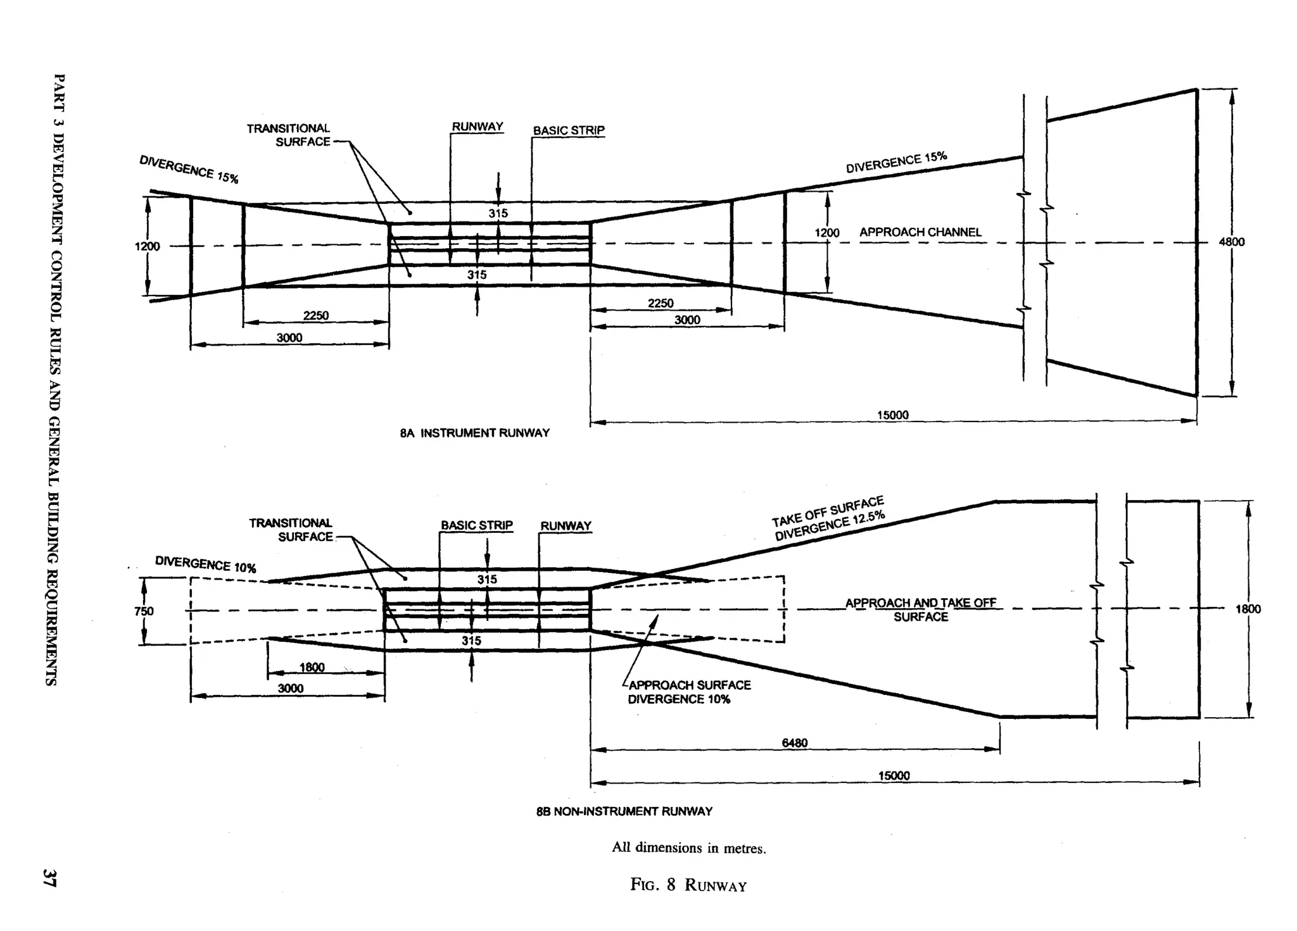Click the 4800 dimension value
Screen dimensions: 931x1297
(1231, 242)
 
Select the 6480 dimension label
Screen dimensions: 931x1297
(794, 743)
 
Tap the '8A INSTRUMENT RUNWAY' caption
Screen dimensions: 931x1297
(475, 433)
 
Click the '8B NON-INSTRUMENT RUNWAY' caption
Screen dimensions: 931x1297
(624, 811)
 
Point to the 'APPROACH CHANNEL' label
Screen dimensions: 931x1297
(920, 232)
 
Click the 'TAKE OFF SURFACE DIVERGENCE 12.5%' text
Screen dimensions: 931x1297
(828, 519)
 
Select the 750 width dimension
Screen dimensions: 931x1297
(144, 611)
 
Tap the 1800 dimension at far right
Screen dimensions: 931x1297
(1248, 609)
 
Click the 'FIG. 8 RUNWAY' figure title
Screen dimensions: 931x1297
(688, 885)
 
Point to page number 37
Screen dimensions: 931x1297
(49, 878)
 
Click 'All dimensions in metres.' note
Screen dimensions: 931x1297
(689, 848)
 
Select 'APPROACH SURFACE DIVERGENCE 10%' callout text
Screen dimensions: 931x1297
(688, 692)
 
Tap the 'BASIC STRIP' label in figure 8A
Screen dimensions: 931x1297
(569, 130)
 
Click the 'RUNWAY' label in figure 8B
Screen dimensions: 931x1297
(566, 526)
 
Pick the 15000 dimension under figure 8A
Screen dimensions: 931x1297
(892, 415)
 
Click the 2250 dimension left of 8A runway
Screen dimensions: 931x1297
(315, 315)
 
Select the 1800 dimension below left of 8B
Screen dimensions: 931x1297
(312, 667)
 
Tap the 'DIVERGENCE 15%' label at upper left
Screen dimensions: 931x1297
(189, 169)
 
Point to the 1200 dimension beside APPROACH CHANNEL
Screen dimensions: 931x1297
(826, 233)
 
